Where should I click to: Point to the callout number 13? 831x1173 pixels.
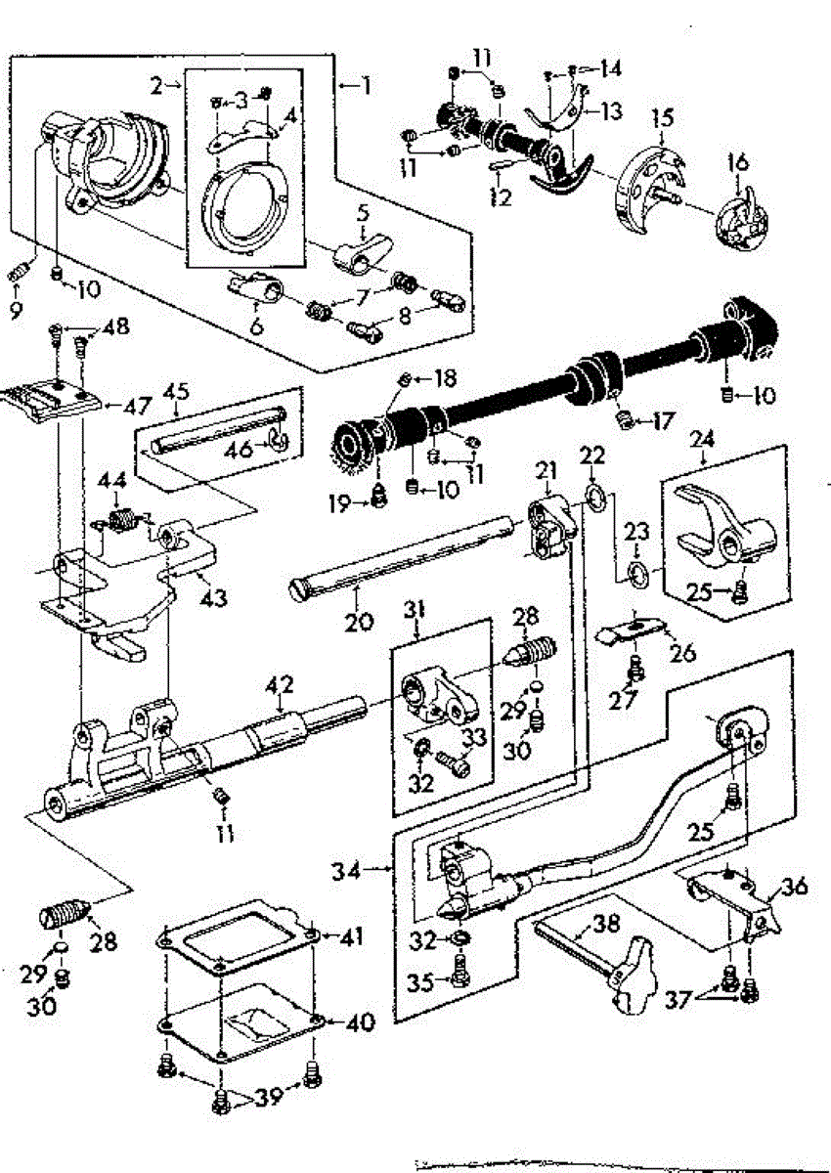[611, 111]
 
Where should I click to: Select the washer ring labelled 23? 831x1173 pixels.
[636, 573]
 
